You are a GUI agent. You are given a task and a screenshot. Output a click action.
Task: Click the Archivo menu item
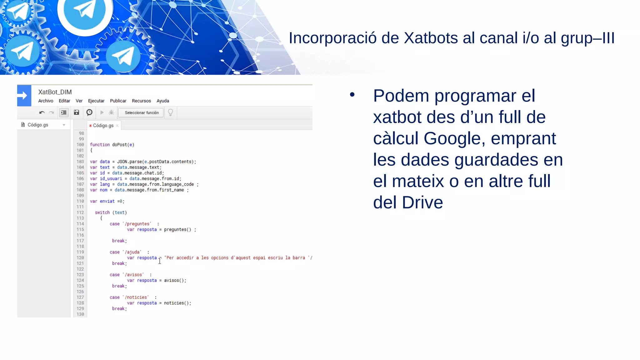(x=46, y=101)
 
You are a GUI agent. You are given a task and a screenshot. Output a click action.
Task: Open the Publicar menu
(x=118, y=101)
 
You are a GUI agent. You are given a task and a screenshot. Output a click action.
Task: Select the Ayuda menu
(x=162, y=101)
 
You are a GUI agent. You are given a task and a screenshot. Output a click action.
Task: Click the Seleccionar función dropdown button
(x=142, y=113)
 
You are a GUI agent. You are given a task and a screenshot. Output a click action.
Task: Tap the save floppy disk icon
(x=77, y=112)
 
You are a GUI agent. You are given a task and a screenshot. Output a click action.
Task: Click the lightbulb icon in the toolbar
(x=170, y=112)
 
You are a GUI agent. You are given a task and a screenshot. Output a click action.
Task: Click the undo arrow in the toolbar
(x=42, y=112)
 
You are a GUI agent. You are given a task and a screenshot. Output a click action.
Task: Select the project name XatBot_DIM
(x=55, y=92)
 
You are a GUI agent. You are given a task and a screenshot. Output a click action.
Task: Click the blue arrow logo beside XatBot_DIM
(x=24, y=96)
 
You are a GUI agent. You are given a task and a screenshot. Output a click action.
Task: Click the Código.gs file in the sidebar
(x=38, y=125)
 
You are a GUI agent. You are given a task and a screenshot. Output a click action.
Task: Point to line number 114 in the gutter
(x=80, y=224)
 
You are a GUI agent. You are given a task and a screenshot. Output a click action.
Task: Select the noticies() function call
(x=177, y=303)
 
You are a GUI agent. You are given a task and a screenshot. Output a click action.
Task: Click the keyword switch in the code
(x=102, y=212)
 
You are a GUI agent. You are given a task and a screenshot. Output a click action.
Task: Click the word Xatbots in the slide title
(x=431, y=38)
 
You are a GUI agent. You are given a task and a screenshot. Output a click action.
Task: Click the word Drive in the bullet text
(x=422, y=202)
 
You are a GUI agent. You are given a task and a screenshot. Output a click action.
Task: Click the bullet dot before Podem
(x=352, y=94)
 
